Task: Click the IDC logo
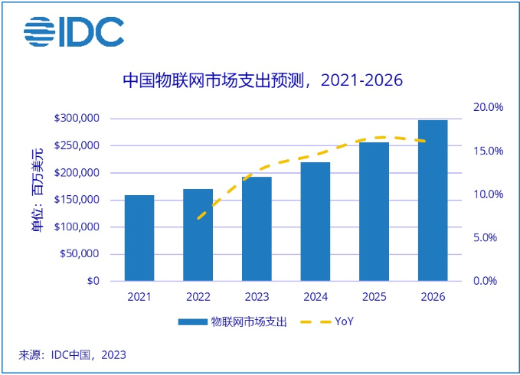(x=74, y=30)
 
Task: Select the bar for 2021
(x=139, y=238)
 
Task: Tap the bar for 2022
(x=198, y=235)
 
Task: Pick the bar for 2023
(x=257, y=229)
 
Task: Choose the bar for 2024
(x=316, y=221)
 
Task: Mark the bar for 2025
(x=374, y=211)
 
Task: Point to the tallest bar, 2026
(x=433, y=201)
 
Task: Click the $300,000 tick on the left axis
(x=77, y=119)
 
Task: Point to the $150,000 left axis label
(x=77, y=200)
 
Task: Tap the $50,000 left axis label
(x=80, y=254)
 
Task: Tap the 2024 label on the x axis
(x=316, y=297)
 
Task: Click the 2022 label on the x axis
(x=198, y=297)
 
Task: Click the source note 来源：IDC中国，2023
(x=73, y=355)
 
